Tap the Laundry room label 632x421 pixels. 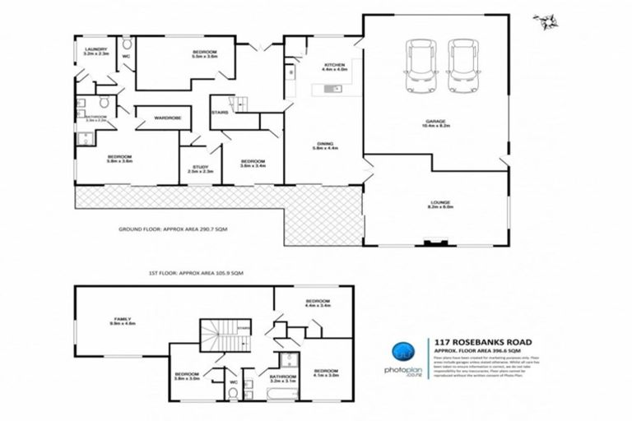pos(95,52)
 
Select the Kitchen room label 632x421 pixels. pos(334,67)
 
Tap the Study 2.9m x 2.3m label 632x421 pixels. pos(200,169)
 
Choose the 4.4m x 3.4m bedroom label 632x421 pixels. pos(317,303)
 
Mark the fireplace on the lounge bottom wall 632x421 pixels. pos(432,243)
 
